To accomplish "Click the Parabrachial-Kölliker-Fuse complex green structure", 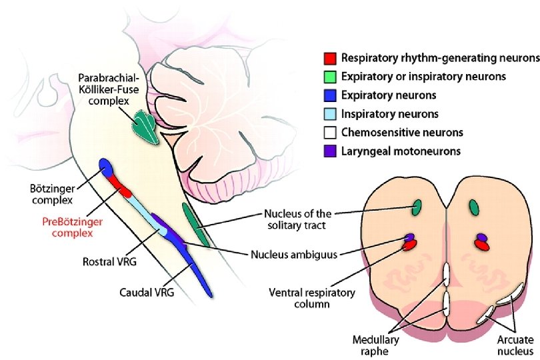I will point(145,125).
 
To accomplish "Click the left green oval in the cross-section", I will point(417,208).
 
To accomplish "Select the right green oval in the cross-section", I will point(475,208).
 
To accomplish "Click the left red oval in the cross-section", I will point(409,245).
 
